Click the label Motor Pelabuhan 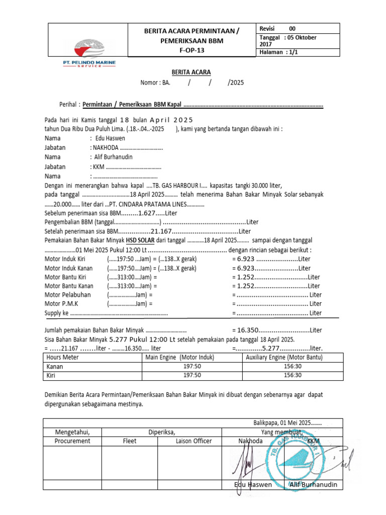65,295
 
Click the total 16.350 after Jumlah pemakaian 246,330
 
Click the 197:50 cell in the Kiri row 192,375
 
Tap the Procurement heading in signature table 72,441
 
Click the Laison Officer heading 194,441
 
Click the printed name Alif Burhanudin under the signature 313,485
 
